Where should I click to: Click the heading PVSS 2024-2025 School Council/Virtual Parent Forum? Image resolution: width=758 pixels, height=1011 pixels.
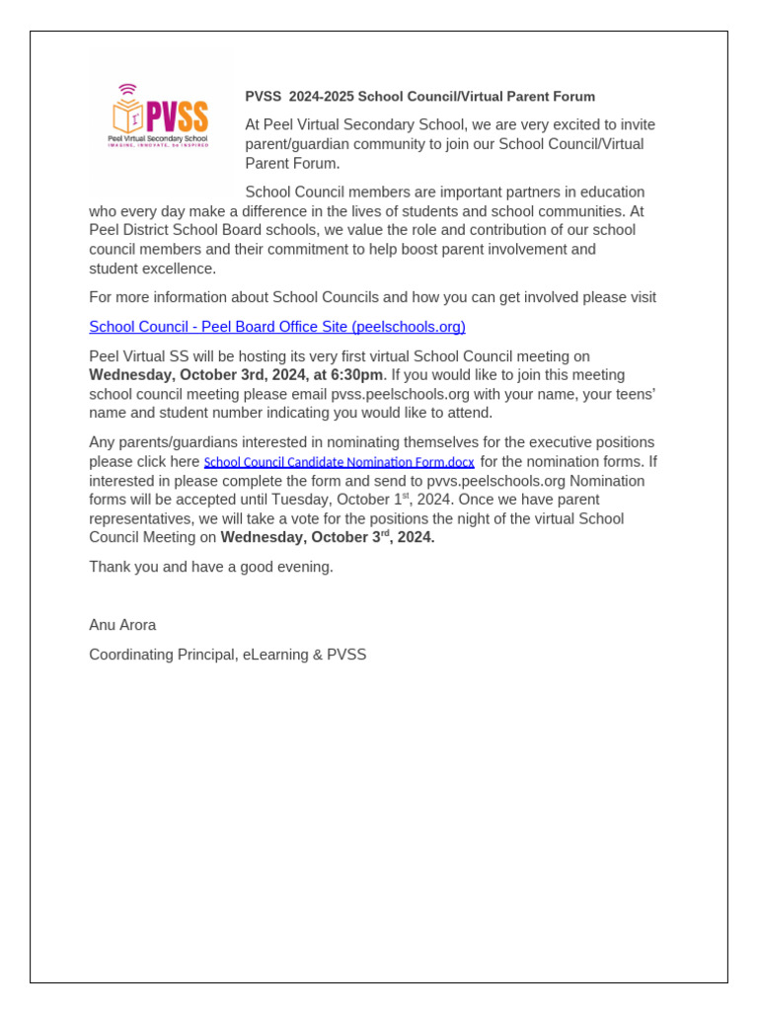pos(419,97)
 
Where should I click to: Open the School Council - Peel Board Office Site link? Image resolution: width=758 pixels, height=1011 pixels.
pos(277,327)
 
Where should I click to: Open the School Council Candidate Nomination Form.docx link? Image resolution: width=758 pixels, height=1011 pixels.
pos(339,462)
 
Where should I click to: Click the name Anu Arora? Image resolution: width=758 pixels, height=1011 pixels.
pos(122,625)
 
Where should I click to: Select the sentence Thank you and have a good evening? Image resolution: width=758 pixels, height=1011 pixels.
pos(211,567)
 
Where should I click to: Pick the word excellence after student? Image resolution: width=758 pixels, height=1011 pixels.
pos(182,269)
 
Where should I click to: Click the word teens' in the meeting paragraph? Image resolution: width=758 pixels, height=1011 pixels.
pos(632,394)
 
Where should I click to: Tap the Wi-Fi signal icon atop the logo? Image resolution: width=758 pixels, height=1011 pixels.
pos(126,89)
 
